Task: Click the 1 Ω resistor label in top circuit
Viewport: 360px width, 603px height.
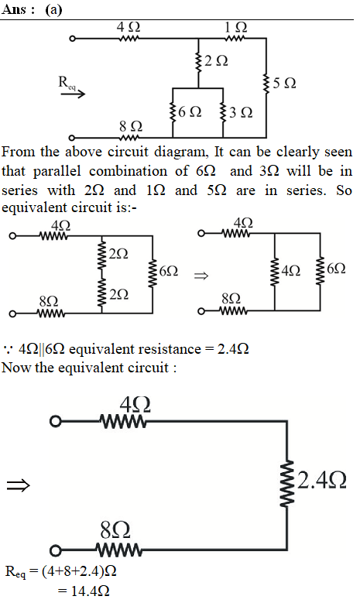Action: pyautogui.click(x=236, y=27)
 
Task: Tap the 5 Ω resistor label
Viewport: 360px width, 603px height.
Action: pyautogui.click(x=284, y=83)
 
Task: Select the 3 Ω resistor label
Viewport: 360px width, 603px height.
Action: pyautogui.click(x=241, y=112)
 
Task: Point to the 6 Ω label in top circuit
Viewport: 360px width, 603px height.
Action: pyautogui.click(x=190, y=112)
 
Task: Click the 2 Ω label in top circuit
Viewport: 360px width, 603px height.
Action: pyautogui.click(x=216, y=60)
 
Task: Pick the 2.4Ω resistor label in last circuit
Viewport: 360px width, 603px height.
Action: pyautogui.click(x=322, y=481)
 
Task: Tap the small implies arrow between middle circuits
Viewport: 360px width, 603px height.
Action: pyautogui.click(x=201, y=276)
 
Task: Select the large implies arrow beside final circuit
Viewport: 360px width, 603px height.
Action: pyautogui.click(x=18, y=485)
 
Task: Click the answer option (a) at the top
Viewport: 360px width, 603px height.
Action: pyautogui.click(x=53, y=9)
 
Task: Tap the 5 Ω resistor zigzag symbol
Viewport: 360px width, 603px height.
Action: pyautogui.click(x=266, y=84)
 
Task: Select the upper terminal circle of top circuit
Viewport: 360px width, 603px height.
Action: pyautogui.click(x=72, y=39)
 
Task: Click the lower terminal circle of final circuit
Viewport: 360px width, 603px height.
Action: pyautogui.click(x=56, y=551)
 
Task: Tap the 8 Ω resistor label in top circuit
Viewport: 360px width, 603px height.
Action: pyautogui.click(x=131, y=125)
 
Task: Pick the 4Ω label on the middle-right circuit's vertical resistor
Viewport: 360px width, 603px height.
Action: pyautogui.click(x=291, y=271)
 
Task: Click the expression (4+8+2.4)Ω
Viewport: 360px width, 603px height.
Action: pyautogui.click(x=78, y=571)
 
